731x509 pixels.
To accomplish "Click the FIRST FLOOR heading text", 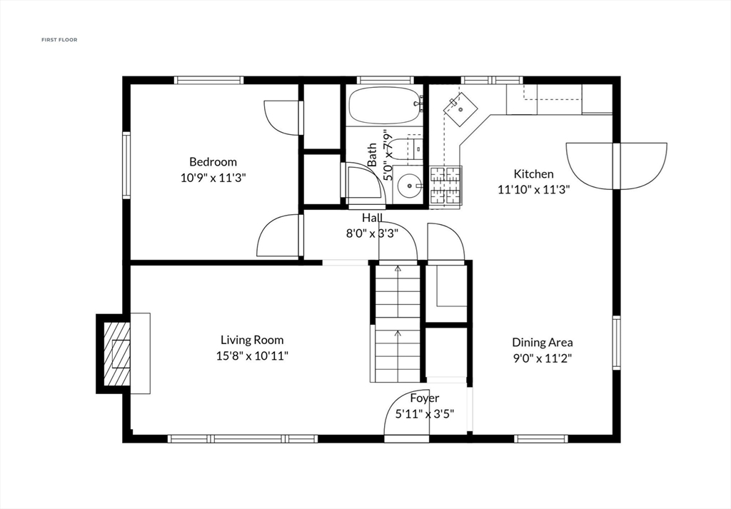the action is (x=59, y=40).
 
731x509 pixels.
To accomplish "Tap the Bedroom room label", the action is (x=213, y=162).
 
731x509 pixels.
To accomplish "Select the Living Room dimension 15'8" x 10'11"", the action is (x=252, y=356).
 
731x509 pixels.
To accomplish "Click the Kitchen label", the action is (x=534, y=174).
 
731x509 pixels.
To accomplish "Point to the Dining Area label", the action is (x=543, y=343).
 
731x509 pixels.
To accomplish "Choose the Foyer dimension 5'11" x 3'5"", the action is (x=425, y=413).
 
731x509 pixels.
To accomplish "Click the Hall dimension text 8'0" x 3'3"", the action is (x=372, y=233).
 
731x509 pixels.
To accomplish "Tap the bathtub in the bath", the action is (x=385, y=106).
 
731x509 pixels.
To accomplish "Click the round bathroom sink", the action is (x=409, y=185).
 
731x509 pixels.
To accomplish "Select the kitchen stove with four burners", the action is (x=445, y=186).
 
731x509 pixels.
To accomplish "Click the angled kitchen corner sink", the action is (x=460, y=109).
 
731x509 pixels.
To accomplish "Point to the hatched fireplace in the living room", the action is (x=116, y=354).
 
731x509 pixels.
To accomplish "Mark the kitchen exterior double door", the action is (x=616, y=166).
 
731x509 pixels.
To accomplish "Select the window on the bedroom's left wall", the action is (x=126, y=166).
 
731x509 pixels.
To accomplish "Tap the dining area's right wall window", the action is (x=616, y=343).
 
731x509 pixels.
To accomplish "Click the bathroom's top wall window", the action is (x=385, y=80).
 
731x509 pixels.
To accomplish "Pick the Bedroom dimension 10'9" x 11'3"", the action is (x=213, y=178).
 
